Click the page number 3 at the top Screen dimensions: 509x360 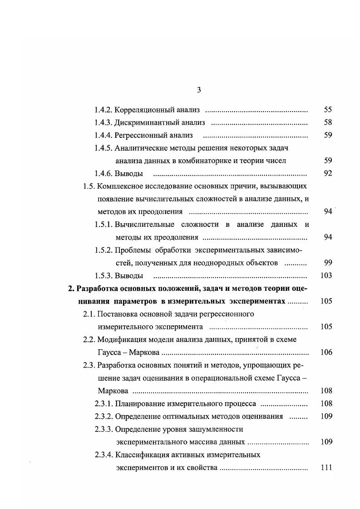(199, 90)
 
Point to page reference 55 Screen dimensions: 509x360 (328, 110)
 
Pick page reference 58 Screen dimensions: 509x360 (328, 122)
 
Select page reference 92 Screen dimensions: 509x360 (328, 173)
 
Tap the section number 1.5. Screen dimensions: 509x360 (89, 186)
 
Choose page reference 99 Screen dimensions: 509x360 (328, 263)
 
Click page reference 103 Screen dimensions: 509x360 (326, 275)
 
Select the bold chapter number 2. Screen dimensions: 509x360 (70, 289)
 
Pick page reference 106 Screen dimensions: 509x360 (326, 352)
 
